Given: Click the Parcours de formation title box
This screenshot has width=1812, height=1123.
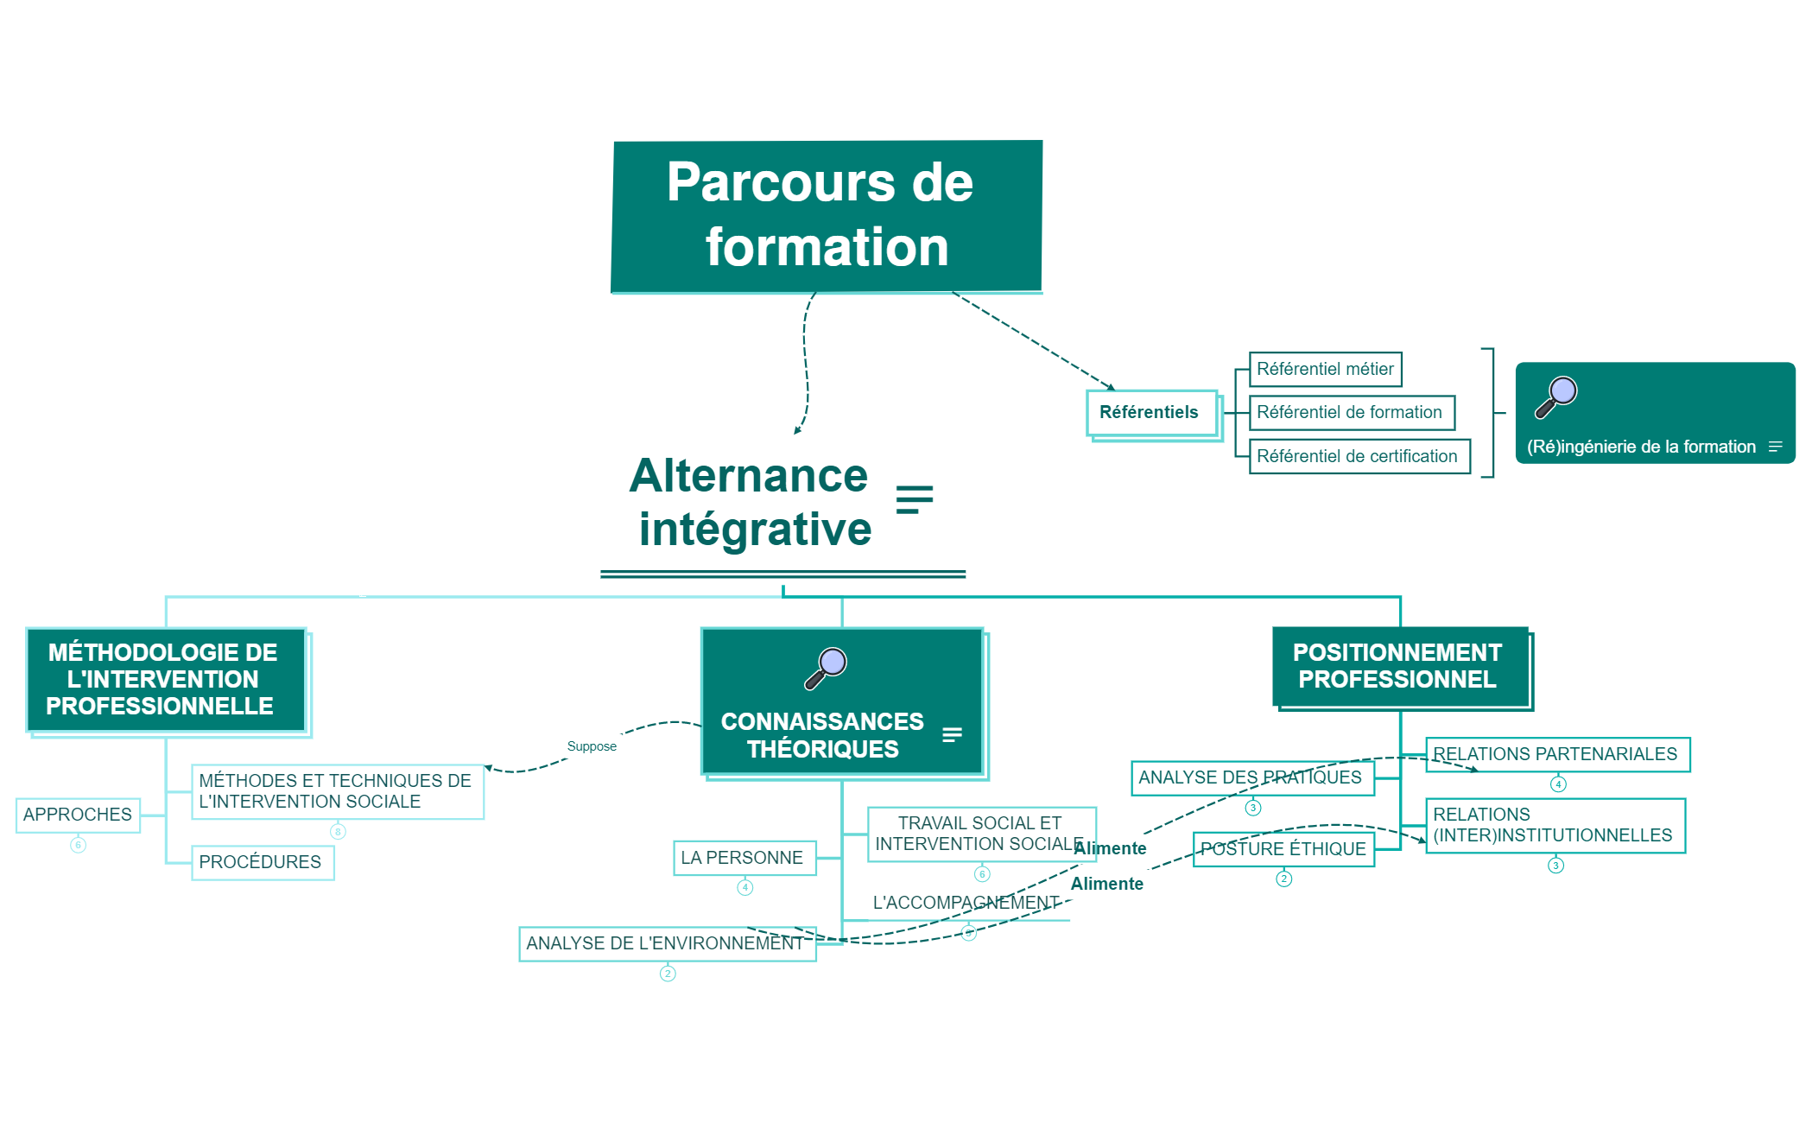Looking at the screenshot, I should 827,216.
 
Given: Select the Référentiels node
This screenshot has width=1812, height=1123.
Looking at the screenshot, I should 1150,413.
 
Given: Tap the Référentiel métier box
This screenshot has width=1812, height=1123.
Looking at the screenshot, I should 1324,370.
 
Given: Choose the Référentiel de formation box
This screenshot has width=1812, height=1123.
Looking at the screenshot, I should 1350,413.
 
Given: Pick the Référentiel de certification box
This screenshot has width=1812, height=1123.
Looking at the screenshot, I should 1358,456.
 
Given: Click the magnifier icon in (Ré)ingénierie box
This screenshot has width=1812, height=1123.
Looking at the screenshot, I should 1555,397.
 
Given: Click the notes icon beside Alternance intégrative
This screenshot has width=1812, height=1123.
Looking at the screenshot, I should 914,499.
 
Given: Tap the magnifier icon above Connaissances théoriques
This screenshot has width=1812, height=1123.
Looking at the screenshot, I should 826,668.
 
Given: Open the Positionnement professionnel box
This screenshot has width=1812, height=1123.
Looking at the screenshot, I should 1399,667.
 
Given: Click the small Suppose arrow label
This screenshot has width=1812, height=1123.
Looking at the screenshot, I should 592,746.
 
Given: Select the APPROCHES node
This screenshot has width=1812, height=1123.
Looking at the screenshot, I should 78,815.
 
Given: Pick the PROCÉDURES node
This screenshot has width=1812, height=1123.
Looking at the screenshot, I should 262,862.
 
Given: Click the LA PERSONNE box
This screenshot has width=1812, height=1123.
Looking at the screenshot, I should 744,858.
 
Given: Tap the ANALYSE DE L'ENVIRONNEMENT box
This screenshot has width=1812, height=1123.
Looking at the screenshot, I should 666,943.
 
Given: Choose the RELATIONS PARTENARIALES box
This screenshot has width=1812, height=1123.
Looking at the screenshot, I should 1556,754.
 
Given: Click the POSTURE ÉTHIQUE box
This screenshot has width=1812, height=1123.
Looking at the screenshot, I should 1283,849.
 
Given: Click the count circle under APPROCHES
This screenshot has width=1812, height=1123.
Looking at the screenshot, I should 78,845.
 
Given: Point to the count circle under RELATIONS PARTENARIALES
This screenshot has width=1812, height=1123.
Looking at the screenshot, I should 1558,784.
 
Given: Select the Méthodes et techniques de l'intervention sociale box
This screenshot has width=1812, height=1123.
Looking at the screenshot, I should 337,791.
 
